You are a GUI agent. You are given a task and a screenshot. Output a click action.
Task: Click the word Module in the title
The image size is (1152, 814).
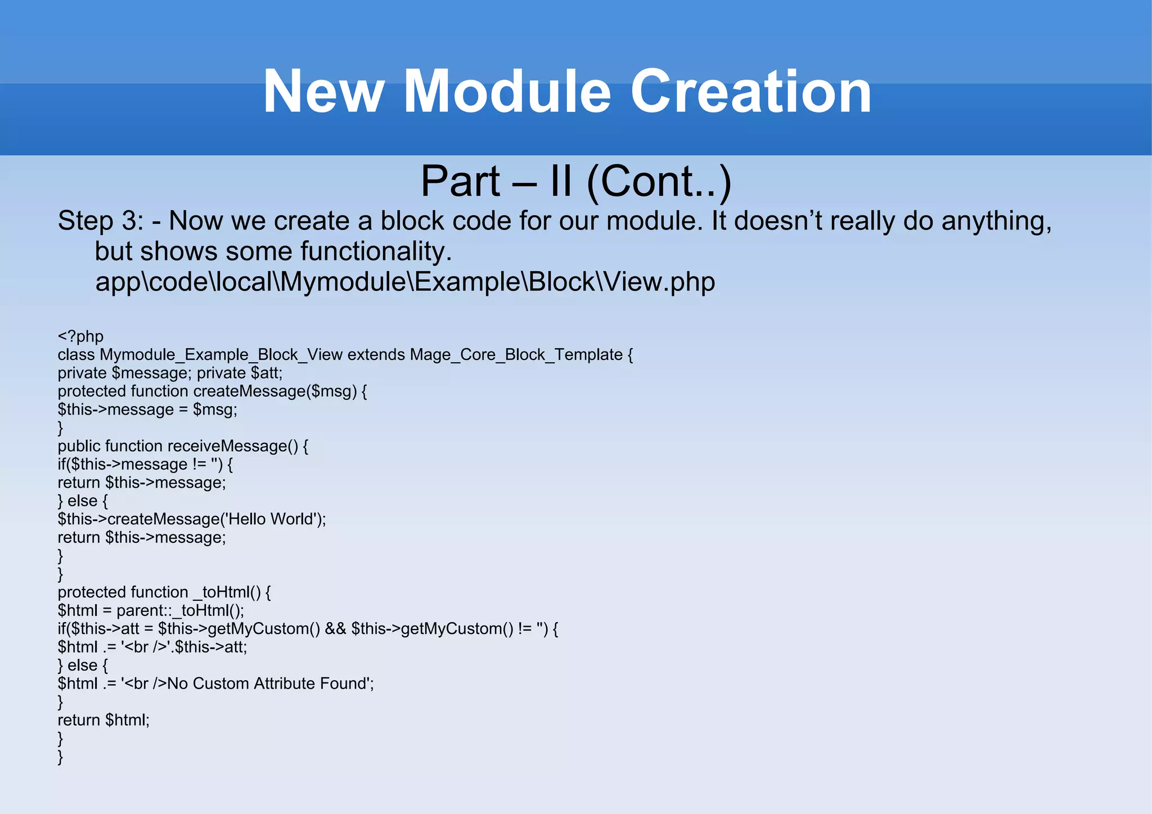coord(507,92)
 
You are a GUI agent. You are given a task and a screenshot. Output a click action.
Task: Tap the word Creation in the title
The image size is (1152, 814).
coord(751,92)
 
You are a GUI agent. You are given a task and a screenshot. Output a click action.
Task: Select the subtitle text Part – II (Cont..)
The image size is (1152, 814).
coord(576,181)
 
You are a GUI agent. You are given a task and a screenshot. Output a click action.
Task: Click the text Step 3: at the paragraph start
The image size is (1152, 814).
coord(101,221)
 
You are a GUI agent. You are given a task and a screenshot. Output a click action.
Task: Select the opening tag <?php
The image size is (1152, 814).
coord(80,336)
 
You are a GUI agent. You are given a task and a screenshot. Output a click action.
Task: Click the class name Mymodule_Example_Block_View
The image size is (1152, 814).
coord(221,355)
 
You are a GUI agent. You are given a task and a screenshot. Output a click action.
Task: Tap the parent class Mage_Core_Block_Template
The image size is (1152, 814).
coord(516,355)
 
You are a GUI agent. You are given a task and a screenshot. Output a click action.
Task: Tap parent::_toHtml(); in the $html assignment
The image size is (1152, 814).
coord(180,611)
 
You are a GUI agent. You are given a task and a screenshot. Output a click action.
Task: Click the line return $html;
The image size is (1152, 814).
coord(103,720)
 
